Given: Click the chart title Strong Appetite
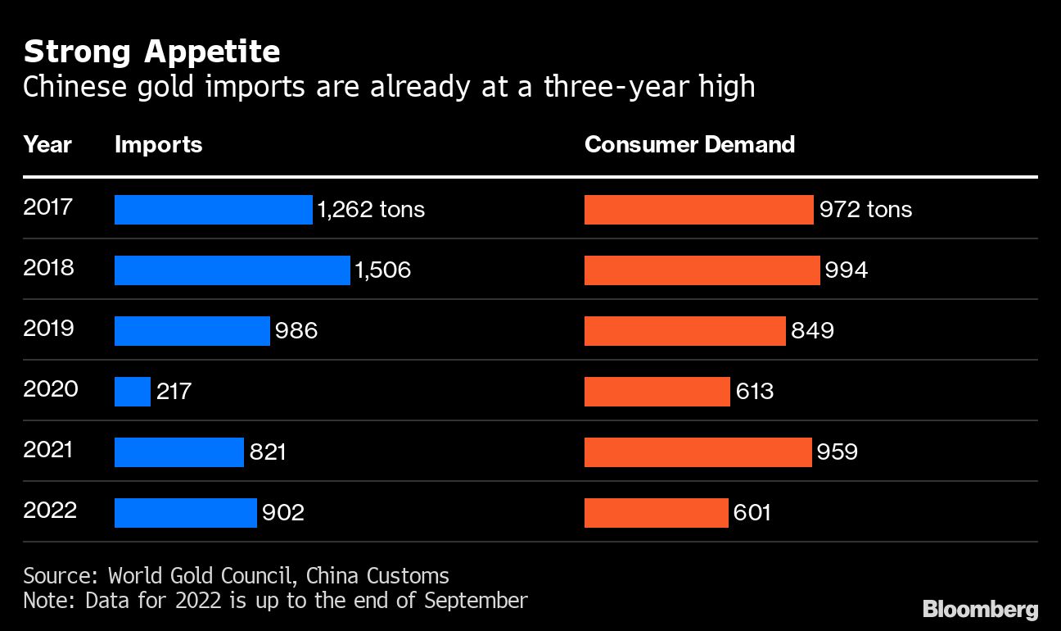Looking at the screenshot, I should pos(151,52).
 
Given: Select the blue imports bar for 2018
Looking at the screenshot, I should pos(232,270).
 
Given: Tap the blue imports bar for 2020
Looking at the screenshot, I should pos(133,392).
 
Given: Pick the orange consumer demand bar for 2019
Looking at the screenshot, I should pos(684,331).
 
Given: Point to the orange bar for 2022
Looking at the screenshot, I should pos(656,513).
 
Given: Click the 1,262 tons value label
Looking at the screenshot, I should pos(371,210).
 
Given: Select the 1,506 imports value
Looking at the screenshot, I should pos(382,270).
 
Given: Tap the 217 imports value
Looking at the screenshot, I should pos(174,392).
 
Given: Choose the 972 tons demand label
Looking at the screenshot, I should pos(865,210).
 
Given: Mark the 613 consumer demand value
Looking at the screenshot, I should pos(754,392).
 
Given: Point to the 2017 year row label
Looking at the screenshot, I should pos(48,207).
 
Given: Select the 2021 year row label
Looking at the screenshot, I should pos(48,449).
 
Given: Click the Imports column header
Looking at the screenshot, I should pos(158,145).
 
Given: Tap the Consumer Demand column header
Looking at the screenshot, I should pos(689,145).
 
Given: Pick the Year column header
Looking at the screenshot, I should pos(47,145).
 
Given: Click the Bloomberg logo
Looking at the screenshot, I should pos(980,610).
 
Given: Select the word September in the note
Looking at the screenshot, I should pos(476,601).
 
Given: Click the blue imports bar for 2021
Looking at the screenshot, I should pos(179,452).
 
